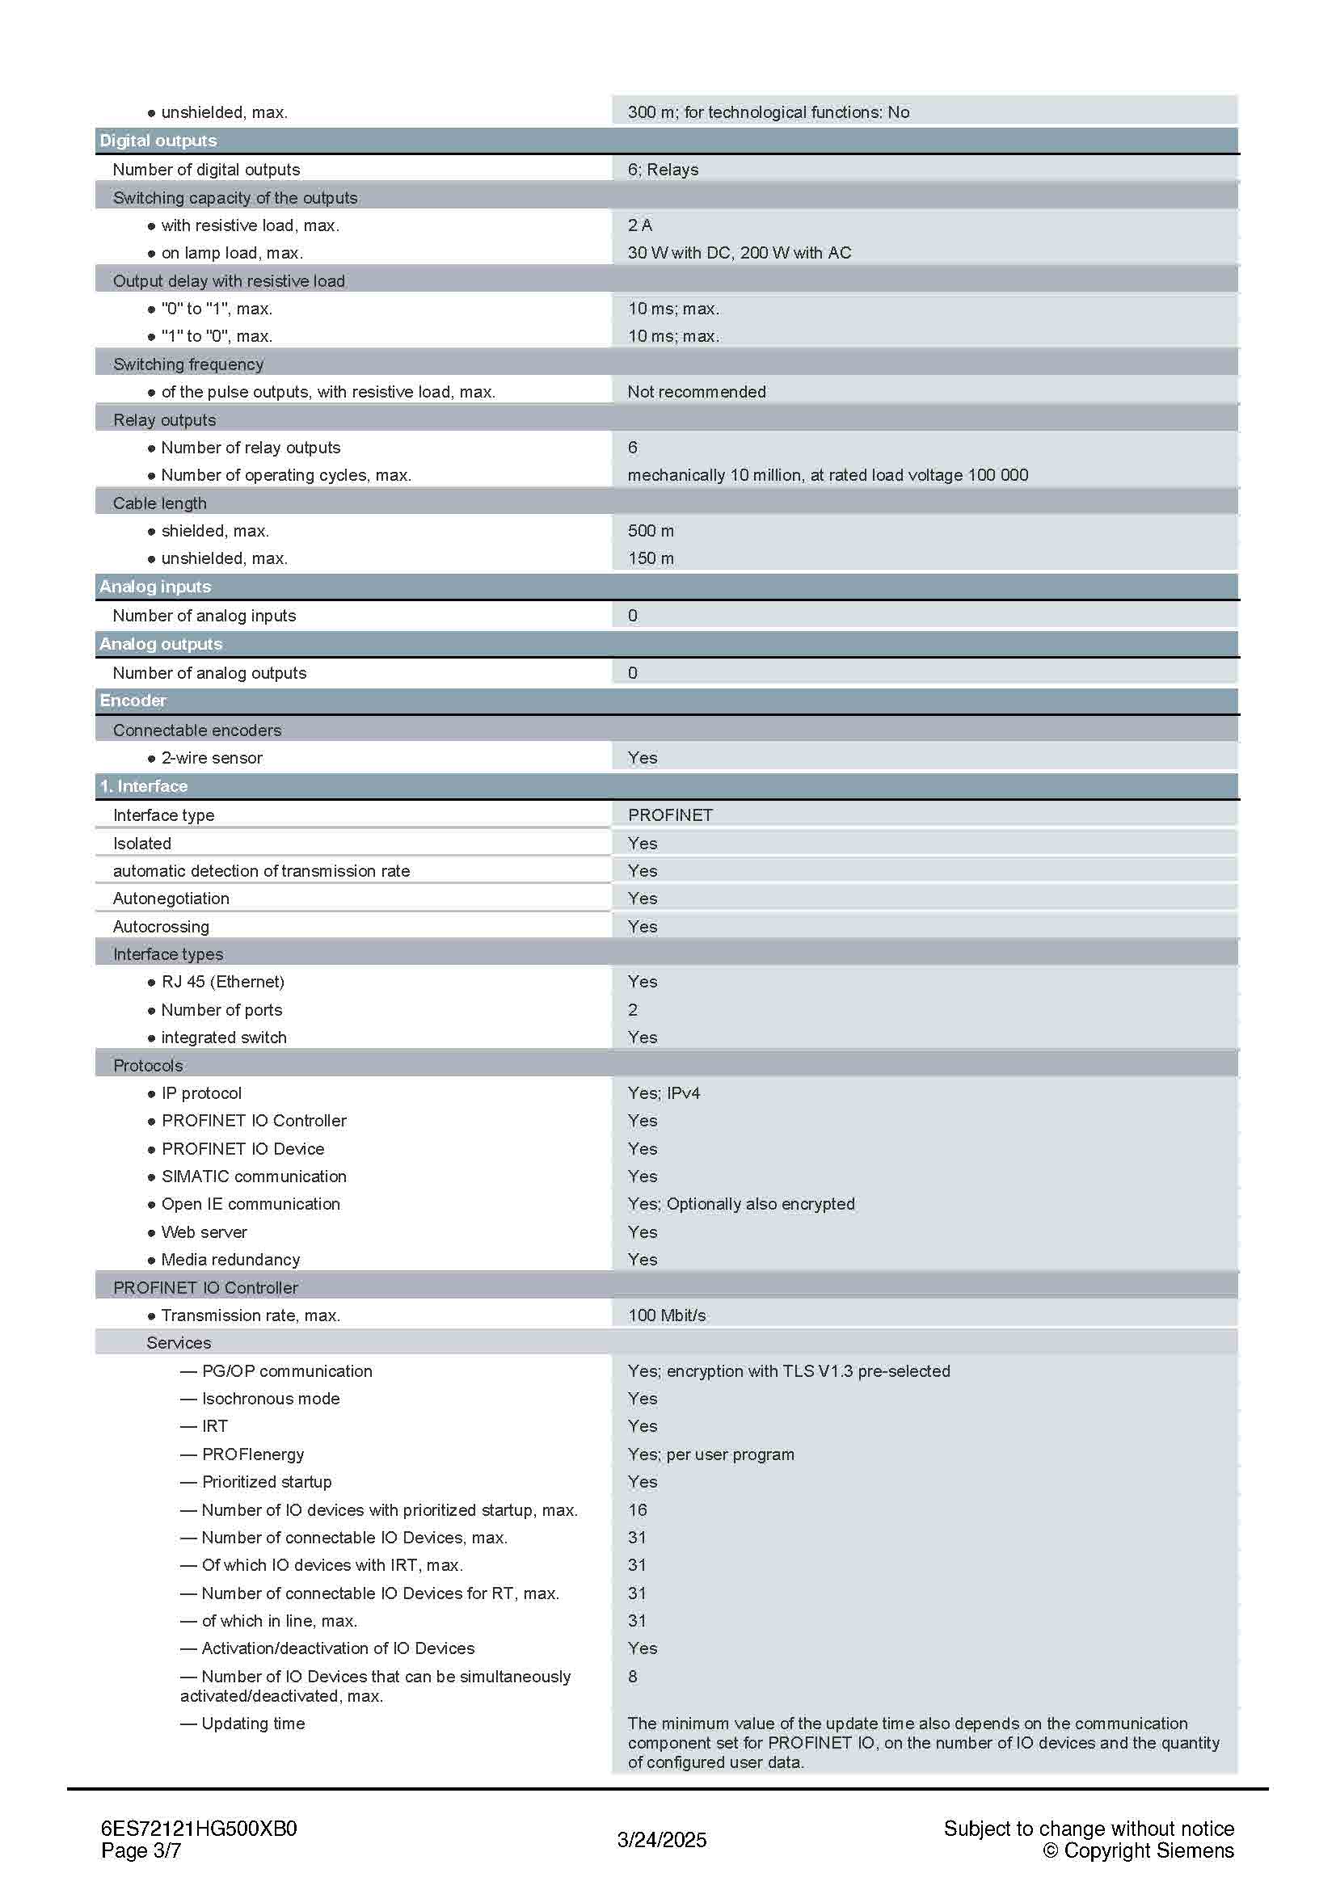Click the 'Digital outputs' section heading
(x=158, y=141)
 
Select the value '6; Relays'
(x=663, y=170)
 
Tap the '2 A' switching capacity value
(x=639, y=225)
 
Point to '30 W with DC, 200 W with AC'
(x=740, y=253)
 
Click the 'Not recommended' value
(x=697, y=392)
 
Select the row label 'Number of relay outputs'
(x=251, y=448)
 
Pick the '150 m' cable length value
(x=651, y=558)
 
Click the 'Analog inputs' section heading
(x=155, y=587)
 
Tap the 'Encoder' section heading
(x=133, y=701)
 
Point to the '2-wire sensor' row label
(x=212, y=758)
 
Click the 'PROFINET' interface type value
(x=670, y=815)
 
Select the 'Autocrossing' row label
(x=162, y=927)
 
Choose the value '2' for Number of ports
(x=633, y=1010)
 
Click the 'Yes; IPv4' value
(x=664, y=1093)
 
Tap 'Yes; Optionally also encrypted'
(x=741, y=1203)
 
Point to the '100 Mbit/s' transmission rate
(x=667, y=1315)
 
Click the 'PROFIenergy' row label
(x=253, y=1454)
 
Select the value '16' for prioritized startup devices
(x=637, y=1509)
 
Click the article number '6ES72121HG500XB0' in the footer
(x=198, y=1829)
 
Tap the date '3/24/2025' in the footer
(x=662, y=1840)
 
